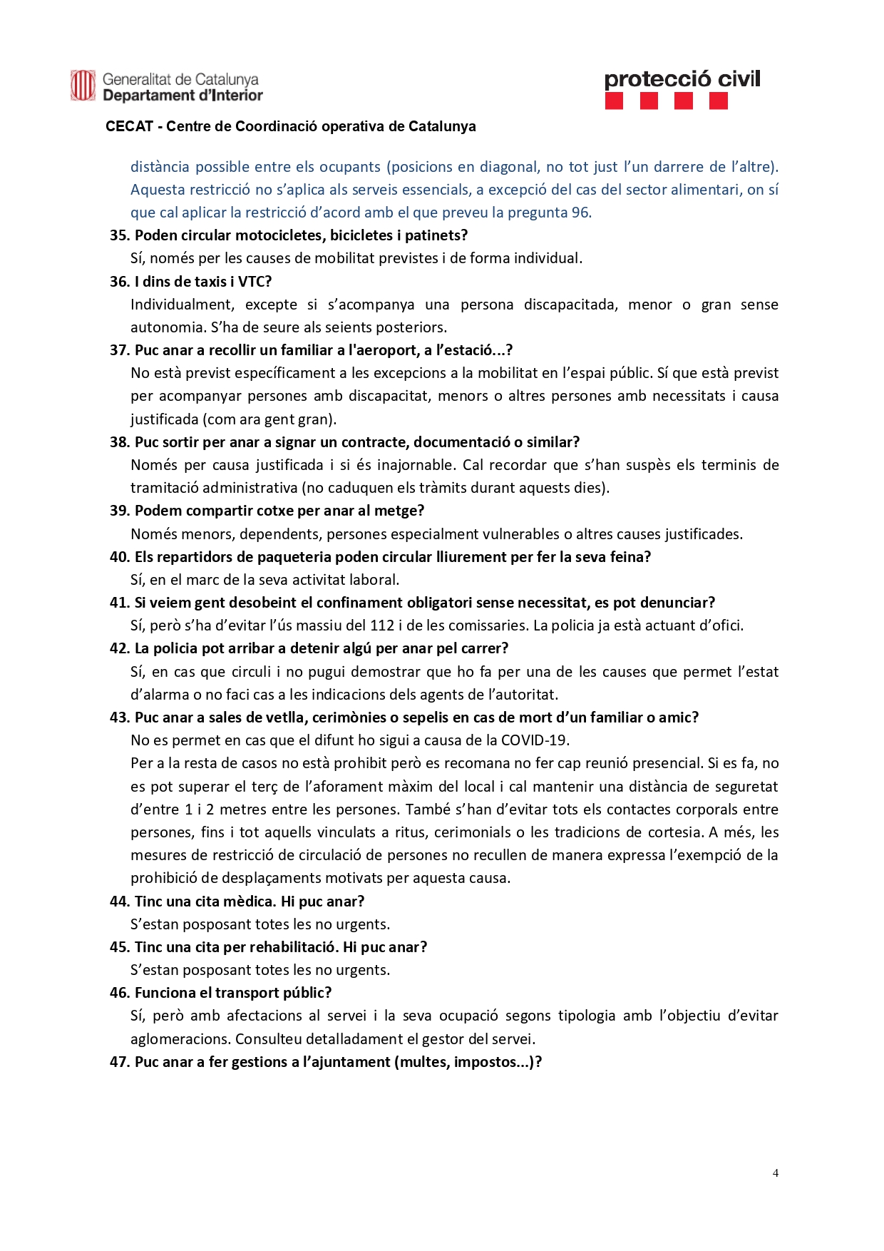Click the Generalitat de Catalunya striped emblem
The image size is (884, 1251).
[x=83, y=86]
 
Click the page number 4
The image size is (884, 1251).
[x=775, y=1173]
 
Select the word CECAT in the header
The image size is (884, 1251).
[x=130, y=126]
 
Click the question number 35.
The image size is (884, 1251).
[x=120, y=235]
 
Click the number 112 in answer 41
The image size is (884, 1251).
[x=382, y=625]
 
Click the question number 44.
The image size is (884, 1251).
[x=120, y=902]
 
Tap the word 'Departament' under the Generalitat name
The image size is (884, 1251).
[x=149, y=96]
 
